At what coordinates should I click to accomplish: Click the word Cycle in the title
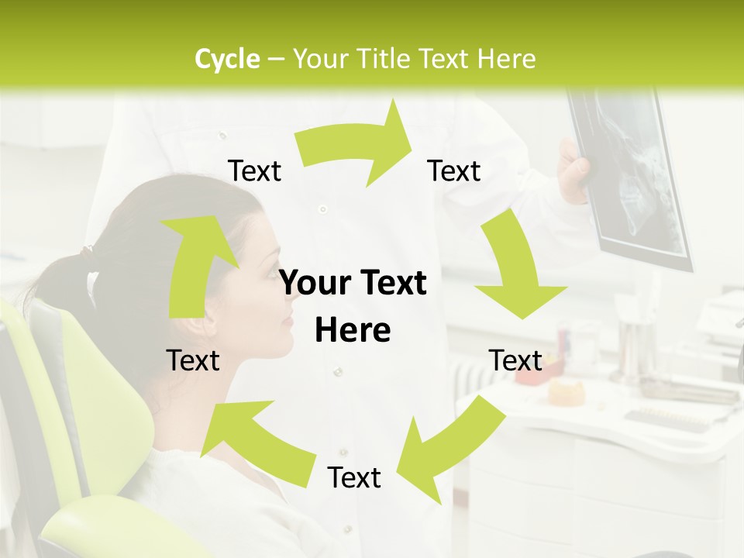coord(227,59)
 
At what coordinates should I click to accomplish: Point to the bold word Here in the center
coord(353,330)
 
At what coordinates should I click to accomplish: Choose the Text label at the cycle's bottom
coord(354,478)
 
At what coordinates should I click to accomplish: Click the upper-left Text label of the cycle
coord(254,171)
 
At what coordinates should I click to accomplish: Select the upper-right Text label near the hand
coord(454,171)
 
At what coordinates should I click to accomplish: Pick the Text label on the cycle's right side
coord(515,360)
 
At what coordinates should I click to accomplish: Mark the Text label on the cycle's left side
coord(193,360)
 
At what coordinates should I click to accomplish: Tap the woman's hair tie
coord(88,252)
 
